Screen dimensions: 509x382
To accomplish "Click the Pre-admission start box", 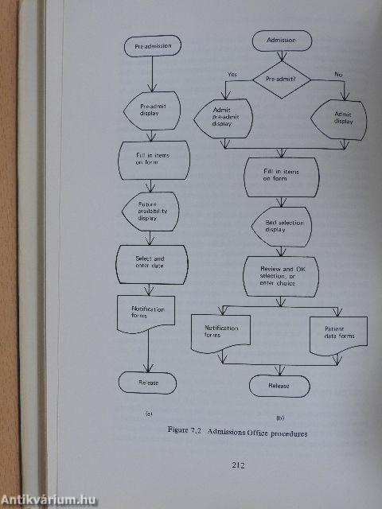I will coord(153,47).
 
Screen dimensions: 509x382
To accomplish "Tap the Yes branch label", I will coord(232,74).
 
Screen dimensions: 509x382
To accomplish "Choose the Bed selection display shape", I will coord(283,225).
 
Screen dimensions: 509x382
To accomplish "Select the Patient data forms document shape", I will coord(337,332).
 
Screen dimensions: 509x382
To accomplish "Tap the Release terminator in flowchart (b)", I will coord(279,386).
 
